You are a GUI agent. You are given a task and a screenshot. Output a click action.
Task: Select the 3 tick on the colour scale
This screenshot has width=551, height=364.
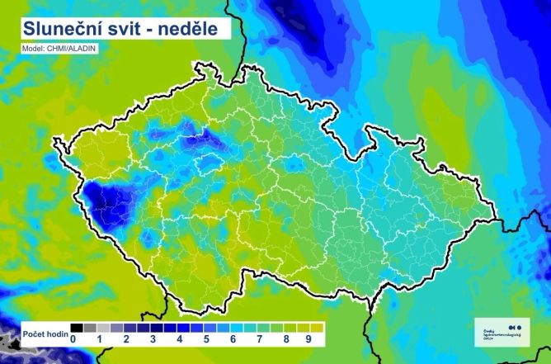click(153, 339)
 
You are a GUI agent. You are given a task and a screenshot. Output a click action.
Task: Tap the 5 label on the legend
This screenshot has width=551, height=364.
click(206, 339)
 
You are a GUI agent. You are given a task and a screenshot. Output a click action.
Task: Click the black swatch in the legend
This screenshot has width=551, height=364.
click(77, 328)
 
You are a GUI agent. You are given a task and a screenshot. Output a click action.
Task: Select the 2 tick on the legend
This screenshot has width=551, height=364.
click(126, 339)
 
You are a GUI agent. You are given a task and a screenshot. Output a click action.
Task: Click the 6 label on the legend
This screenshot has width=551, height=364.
click(233, 339)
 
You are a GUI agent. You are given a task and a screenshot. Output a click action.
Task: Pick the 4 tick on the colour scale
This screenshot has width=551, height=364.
click(179, 339)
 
